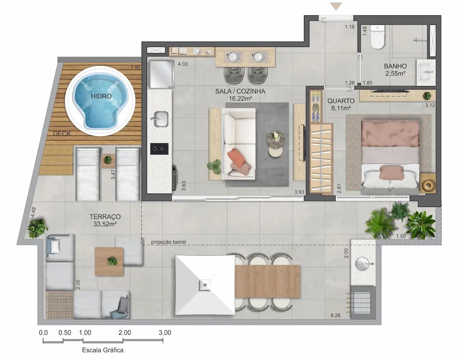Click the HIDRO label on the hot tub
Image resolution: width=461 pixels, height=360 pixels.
[101, 96]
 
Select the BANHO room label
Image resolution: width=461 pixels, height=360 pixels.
[395, 66]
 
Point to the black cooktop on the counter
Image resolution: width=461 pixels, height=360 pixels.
[160, 148]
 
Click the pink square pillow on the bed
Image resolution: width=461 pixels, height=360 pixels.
[391, 172]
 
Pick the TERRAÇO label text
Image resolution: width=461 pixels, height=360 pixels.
[105, 217]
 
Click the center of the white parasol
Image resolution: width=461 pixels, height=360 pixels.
[205, 285]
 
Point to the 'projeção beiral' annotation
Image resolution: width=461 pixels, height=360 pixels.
[168, 242]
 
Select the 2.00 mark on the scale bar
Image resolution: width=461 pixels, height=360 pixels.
[124, 333]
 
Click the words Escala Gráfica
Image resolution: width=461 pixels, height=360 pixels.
[103, 350]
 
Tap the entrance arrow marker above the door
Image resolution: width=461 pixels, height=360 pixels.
[336, 6]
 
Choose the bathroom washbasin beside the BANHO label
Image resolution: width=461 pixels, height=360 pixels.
[426, 72]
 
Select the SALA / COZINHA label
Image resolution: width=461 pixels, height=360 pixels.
[240, 91]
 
